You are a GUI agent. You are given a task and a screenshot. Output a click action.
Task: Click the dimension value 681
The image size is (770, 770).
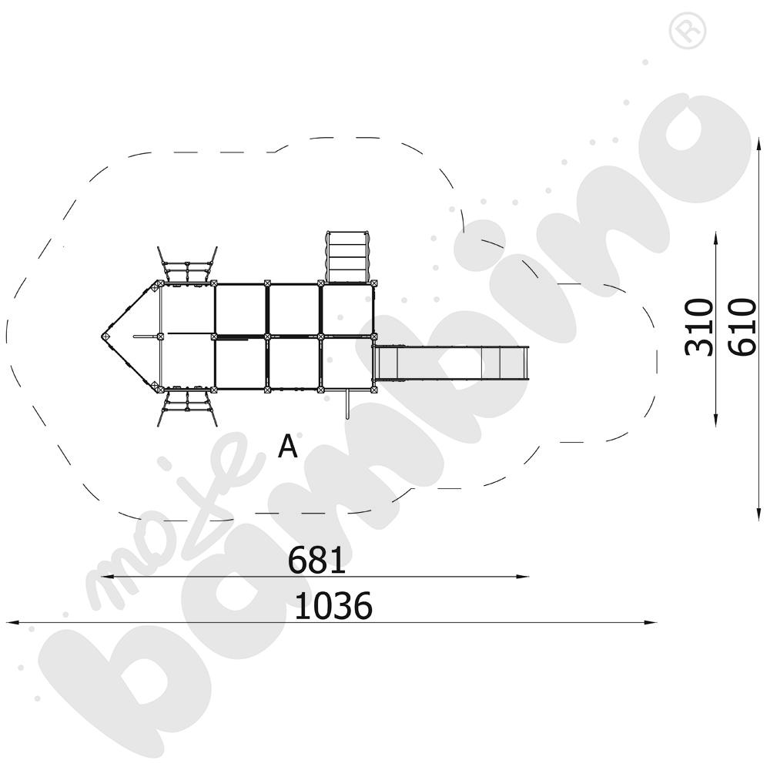click(316, 560)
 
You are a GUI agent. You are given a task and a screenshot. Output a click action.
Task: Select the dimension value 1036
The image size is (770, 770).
click(333, 605)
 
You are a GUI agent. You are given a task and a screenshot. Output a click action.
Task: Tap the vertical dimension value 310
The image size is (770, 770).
click(698, 326)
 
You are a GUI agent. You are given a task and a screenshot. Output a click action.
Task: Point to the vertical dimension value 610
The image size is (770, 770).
click(742, 326)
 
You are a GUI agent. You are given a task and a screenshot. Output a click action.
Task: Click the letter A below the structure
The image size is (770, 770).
click(288, 446)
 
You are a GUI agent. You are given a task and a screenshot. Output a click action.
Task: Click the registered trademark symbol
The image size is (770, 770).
click(688, 31)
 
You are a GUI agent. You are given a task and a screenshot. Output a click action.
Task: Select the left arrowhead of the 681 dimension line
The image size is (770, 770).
click(106, 577)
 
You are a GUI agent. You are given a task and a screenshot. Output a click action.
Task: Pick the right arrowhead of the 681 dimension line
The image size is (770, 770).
click(523, 577)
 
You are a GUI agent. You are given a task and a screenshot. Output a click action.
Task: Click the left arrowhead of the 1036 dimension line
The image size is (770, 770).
click(12, 623)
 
